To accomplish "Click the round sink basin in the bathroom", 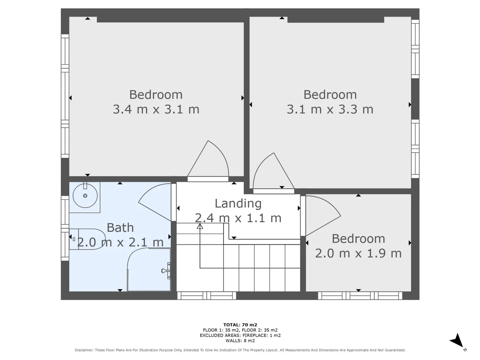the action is pyautogui.click(x=85, y=196).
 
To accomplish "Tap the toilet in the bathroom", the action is pyautogui.click(x=87, y=239).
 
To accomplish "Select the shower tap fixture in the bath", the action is pyautogui.click(x=166, y=271).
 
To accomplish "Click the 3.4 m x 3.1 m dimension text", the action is pyautogui.click(x=156, y=109).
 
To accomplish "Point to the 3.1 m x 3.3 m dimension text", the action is pyautogui.click(x=330, y=109).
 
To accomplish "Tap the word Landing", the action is pyautogui.click(x=238, y=204).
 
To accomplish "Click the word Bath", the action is pyautogui.click(x=120, y=228).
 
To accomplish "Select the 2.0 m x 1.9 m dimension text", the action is pyautogui.click(x=358, y=253).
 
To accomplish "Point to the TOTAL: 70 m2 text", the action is pyautogui.click(x=240, y=325).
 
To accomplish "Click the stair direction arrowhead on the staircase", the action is pyautogui.click(x=199, y=226).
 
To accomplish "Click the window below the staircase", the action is pyautogui.click(x=207, y=296).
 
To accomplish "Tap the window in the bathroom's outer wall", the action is pyautogui.click(x=65, y=228).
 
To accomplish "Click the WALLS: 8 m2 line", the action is pyautogui.click(x=240, y=340).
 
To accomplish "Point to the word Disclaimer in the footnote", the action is pyautogui.click(x=84, y=350).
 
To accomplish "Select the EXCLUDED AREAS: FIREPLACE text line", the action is pyautogui.click(x=240, y=335).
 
